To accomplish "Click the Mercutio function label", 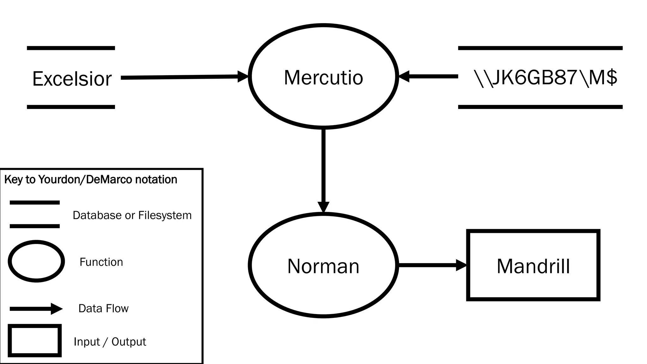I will tap(323, 77).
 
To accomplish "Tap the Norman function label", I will tap(323, 266).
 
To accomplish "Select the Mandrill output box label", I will tap(533, 266).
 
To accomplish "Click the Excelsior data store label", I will tap(72, 79).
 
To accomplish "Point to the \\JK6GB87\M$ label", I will tap(545, 77).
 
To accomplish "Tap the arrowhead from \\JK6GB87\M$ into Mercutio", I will tap(404, 76).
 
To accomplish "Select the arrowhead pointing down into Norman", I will tap(323, 207).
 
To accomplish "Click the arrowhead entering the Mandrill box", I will tap(461, 265).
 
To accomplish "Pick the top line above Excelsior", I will tap(71, 48).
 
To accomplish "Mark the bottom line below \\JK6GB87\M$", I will tap(540, 107).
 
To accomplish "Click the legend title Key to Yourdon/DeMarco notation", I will tap(91, 179).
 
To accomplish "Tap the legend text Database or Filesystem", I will tap(132, 215).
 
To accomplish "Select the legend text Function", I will tap(101, 262).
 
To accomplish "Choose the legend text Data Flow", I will tap(103, 308).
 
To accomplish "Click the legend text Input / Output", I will tap(110, 342).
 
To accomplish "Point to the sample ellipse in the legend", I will tap(36, 261).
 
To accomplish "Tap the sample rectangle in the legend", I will tap(35, 341).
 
